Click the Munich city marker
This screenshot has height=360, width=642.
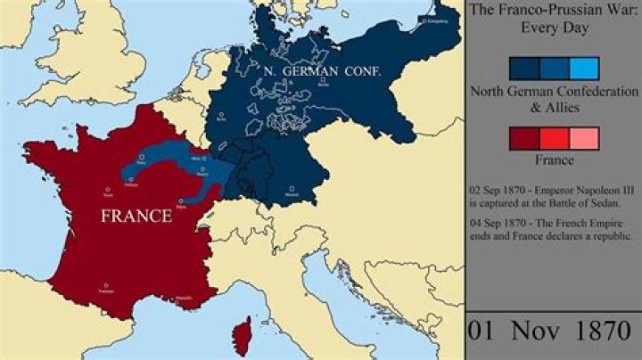click(309, 189)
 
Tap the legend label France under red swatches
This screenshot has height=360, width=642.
click(554, 161)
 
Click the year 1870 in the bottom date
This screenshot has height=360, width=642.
click(599, 331)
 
